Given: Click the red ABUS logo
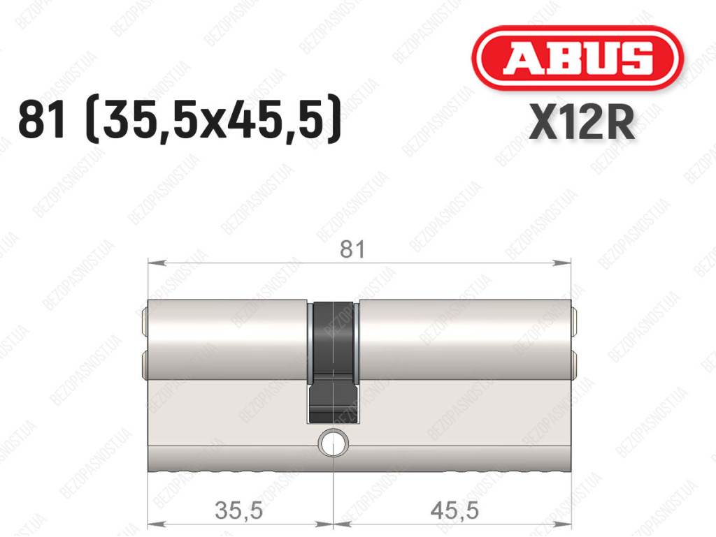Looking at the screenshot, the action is tap(577, 58).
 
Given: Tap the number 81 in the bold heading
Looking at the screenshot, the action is tap(41, 119).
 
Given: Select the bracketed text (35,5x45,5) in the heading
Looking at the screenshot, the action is tap(213, 119).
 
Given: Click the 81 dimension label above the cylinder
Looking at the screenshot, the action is tap(352, 249).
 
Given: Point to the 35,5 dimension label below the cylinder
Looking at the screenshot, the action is tap(239, 510).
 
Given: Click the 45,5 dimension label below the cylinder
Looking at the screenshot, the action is tap(454, 510).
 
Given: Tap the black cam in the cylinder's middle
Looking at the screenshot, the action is tap(334, 360).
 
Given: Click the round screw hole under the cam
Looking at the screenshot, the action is tap(334, 443).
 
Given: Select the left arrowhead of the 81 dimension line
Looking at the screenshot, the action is tap(156, 263).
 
